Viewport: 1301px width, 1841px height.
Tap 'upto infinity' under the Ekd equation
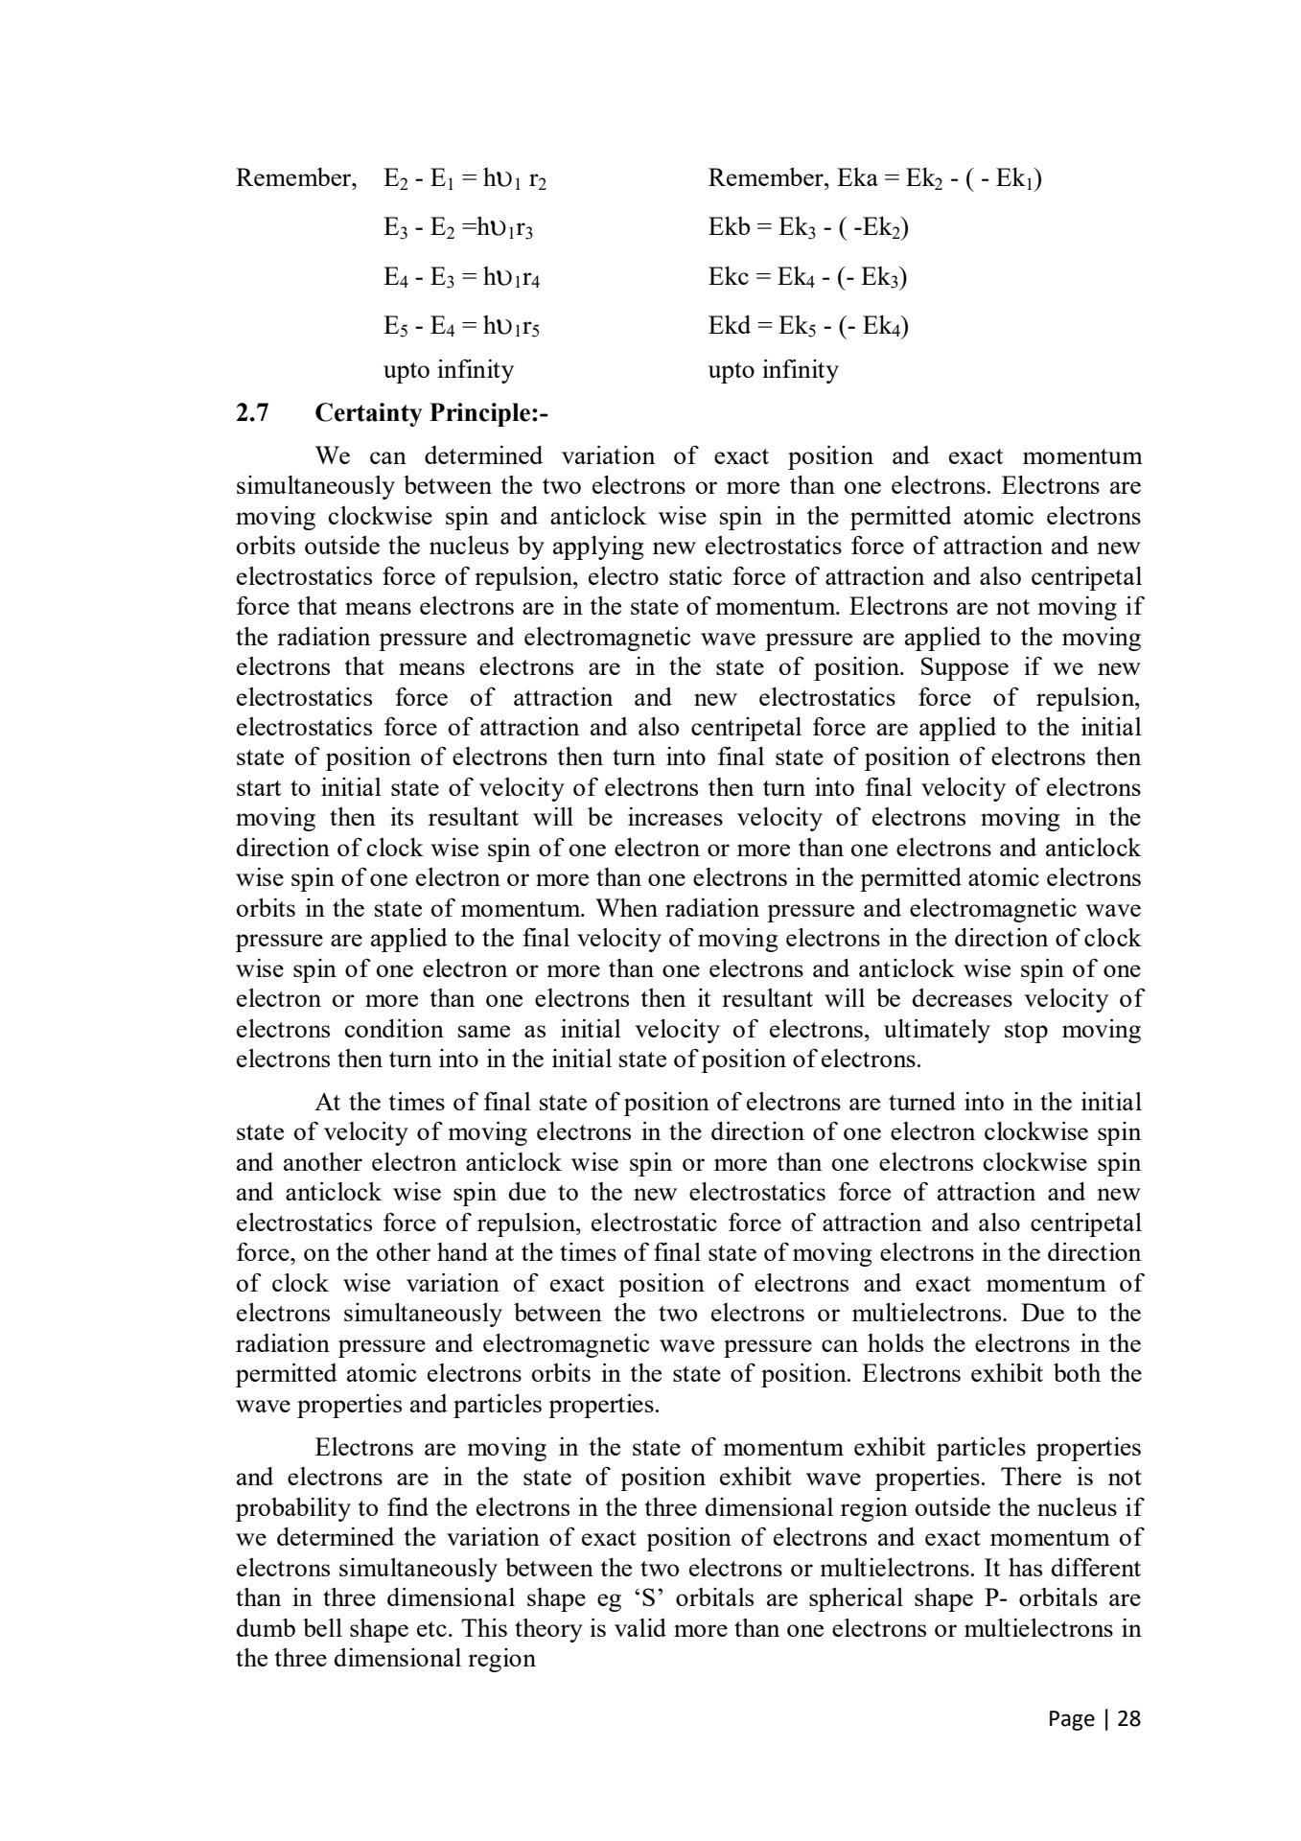coord(773,370)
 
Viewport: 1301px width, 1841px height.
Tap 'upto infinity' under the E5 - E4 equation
coord(449,370)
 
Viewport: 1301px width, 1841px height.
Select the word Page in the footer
coord(1072,1718)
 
